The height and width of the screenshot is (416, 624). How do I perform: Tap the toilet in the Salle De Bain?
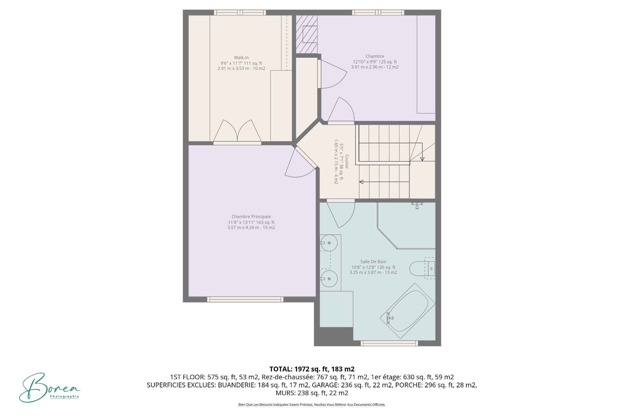point(422,268)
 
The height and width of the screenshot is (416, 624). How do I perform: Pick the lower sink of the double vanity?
point(329,279)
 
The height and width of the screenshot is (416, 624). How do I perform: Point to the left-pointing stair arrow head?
point(361,182)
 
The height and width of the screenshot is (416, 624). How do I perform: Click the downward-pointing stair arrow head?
point(422,159)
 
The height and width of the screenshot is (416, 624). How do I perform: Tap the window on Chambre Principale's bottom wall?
point(245,299)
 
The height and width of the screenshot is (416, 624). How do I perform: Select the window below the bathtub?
point(389,343)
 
